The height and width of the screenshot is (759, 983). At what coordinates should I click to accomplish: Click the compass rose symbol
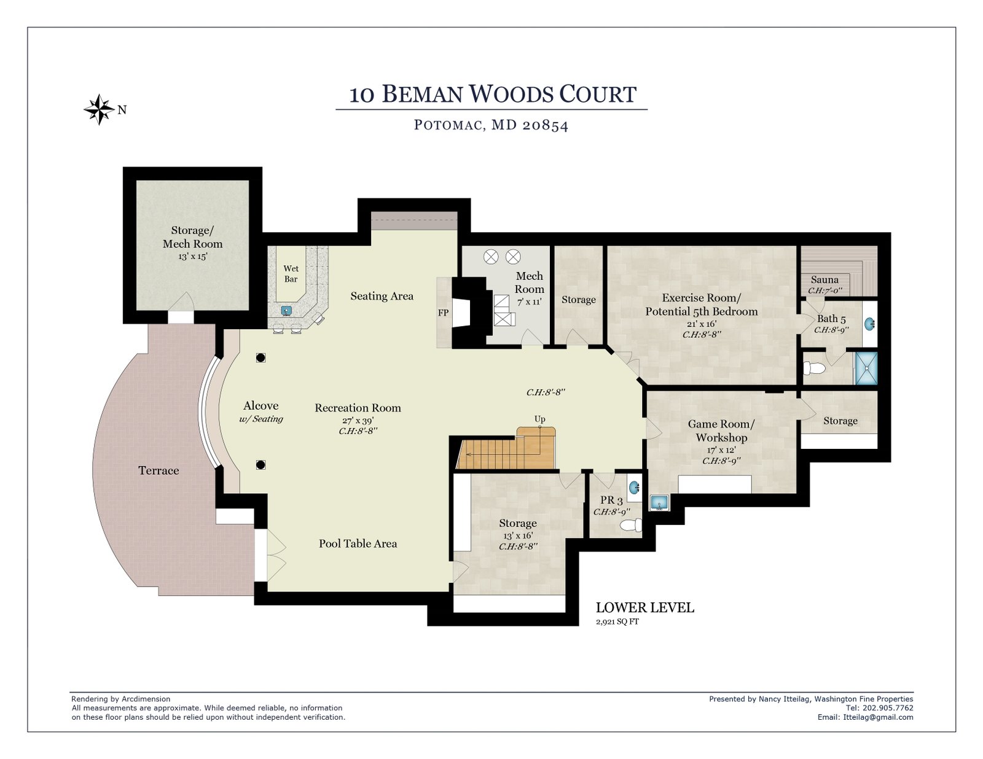pyautogui.click(x=99, y=109)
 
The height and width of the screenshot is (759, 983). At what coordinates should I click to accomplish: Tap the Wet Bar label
pyautogui.click(x=291, y=273)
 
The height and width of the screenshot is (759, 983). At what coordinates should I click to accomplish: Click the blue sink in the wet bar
pyautogui.click(x=286, y=310)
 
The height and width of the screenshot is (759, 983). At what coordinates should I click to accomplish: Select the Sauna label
pyautogui.click(x=824, y=279)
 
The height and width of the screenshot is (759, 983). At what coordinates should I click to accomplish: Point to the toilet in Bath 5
pyautogui.click(x=814, y=368)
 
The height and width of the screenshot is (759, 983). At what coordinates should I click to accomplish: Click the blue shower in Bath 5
pyautogui.click(x=866, y=368)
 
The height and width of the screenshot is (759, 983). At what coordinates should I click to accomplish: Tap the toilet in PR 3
pyautogui.click(x=631, y=525)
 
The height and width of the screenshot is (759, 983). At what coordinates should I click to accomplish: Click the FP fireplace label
pyautogui.click(x=444, y=313)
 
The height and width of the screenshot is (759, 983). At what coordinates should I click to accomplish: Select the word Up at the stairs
pyautogui.click(x=539, y=419)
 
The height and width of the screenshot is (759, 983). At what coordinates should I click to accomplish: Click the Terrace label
pyautogui.click(x=159, y=470)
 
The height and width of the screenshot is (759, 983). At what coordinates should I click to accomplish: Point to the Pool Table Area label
pyautogui.click(x=358, y=543)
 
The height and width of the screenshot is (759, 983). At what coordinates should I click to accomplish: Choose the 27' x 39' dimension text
pyautogui.click(x=358, y=420)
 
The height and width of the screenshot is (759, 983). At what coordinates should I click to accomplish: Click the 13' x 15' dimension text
pyautogui.click(x=193, y=256)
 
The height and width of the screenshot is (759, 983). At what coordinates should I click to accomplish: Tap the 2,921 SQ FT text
pyautogui.click(x=617, y=621)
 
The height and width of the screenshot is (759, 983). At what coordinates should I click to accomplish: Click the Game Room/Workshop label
pyautogui.click(x=721, y=430)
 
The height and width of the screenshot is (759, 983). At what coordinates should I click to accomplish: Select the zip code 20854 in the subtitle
pyautogui.click(x=545, y=125)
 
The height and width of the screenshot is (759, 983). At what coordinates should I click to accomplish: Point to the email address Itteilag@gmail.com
pyautogui.click(x=878, y=717)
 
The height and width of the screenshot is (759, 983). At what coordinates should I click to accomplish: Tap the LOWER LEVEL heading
pyautogui.click(x=645, y=607)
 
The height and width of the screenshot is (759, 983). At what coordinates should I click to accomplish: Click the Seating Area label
pyautogui.click(x=382, y=296)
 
